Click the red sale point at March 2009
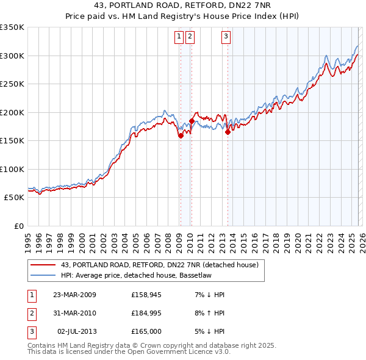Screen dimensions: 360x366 pos(181,136)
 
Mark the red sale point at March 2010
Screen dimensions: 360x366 pos(192,121)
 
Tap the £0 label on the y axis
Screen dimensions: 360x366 pos(18,226)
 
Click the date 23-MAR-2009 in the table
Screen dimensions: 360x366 pos(74,295)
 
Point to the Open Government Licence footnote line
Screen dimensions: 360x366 pos(129,351)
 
